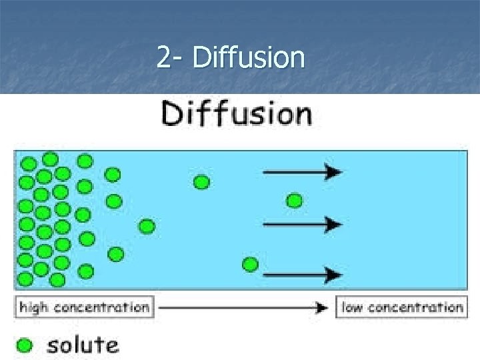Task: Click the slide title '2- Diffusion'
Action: tap(231, 58)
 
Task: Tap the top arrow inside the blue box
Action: tap(303, 172)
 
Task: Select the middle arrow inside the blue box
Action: tap(303, 223)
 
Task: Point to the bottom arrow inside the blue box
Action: tap(303, 273)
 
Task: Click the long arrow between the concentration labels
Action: tap(244, 307)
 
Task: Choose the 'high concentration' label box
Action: tap(85, 307)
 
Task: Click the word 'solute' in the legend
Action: tap(83, 345)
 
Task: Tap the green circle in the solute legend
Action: tap(25, 345)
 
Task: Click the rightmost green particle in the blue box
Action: tap(294, 200)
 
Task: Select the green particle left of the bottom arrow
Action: tap(250, 265)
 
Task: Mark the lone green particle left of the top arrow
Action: tap(201, 181)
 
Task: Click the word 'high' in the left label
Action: tap(35, 307)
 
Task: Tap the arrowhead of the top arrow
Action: tap(335, 172)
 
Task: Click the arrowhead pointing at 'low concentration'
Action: tap(323, 307)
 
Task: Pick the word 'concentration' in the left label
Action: tap(101, 307)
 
